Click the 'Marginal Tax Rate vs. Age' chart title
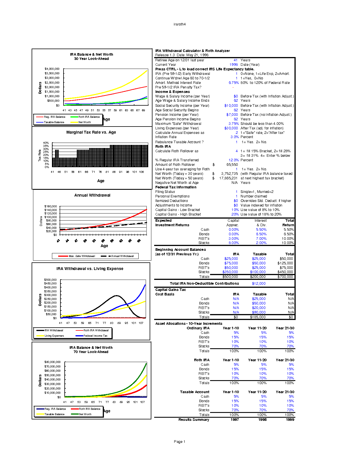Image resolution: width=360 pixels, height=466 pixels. (91, 132)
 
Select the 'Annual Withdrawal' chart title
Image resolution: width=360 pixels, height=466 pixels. (92, 195)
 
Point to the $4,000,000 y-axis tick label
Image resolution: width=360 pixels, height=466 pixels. (52, 69)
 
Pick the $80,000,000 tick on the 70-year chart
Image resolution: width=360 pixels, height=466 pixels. (52, 362)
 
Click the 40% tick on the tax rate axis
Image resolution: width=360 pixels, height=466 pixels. (46, 143)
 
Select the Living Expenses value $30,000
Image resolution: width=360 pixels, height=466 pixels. (231, 128)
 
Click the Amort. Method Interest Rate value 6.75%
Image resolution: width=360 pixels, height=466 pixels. (234, 83)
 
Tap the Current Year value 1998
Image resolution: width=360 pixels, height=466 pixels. (234, 65)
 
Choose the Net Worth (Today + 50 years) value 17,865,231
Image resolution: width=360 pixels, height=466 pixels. (228, 178)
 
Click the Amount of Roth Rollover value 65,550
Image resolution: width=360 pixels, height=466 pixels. (232, 165)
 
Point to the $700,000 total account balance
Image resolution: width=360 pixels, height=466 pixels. (286, 277)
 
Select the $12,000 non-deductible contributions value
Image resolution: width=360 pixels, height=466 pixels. (259, 284)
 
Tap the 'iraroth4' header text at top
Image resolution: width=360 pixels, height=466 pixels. (180, 24)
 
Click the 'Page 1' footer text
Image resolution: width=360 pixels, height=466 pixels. (180, 442)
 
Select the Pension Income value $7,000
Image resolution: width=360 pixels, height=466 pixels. (232, 115)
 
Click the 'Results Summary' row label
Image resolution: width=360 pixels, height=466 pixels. (194, 420)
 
